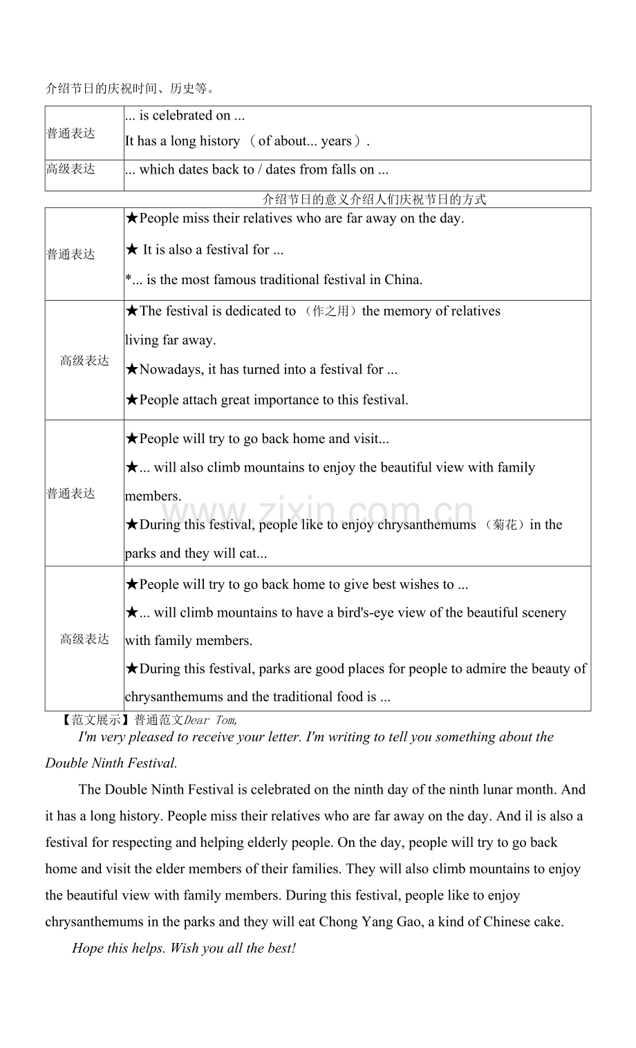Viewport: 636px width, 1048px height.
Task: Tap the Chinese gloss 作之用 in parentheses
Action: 330,311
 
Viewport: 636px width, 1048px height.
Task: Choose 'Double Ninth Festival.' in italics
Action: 111,763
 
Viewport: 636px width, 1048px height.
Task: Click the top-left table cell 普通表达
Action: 71,133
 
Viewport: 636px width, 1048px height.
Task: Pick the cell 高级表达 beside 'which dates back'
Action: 71,169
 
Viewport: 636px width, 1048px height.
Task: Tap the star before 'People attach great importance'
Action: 132,400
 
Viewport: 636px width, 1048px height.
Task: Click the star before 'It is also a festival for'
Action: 132,250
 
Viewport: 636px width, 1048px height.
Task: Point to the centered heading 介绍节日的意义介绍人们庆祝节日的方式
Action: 374,200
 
